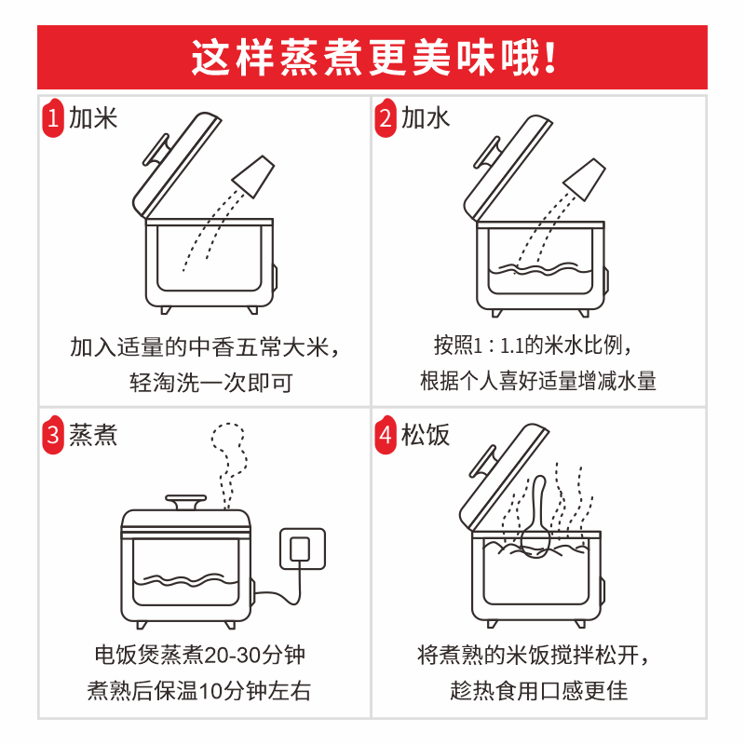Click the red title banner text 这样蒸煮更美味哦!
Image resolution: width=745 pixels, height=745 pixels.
[x=373, y=58]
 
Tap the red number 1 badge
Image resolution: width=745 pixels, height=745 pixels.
[x=53, y=118]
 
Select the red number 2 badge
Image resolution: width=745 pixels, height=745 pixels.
[x=386, y=118]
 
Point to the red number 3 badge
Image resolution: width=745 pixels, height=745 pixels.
[x=53, y=434]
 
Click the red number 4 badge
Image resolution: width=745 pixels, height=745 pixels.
[x=386, y=434]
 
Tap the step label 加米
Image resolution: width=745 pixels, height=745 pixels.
[x=93, y=118]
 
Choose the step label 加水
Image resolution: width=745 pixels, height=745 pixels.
[x=426, y=118]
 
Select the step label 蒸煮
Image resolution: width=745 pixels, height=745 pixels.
[x=93, y=434]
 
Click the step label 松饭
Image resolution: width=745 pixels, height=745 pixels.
[x=426, y=434]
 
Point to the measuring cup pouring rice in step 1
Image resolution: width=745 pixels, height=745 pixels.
[x=253, y=176]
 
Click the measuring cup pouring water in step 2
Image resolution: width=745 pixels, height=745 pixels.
[x=585, y=179]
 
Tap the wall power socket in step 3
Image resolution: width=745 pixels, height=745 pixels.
[x=303, y=549]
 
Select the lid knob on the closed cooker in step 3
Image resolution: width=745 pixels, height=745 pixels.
[x=185, y=502]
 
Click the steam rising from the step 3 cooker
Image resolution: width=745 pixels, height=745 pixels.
[x=229, y=467]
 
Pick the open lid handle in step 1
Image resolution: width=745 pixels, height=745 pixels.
[x=156, y=149]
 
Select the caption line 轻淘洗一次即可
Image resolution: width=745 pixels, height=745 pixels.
[x=211, y=383]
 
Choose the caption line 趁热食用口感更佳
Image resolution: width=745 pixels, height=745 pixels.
[x=539, y=690]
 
